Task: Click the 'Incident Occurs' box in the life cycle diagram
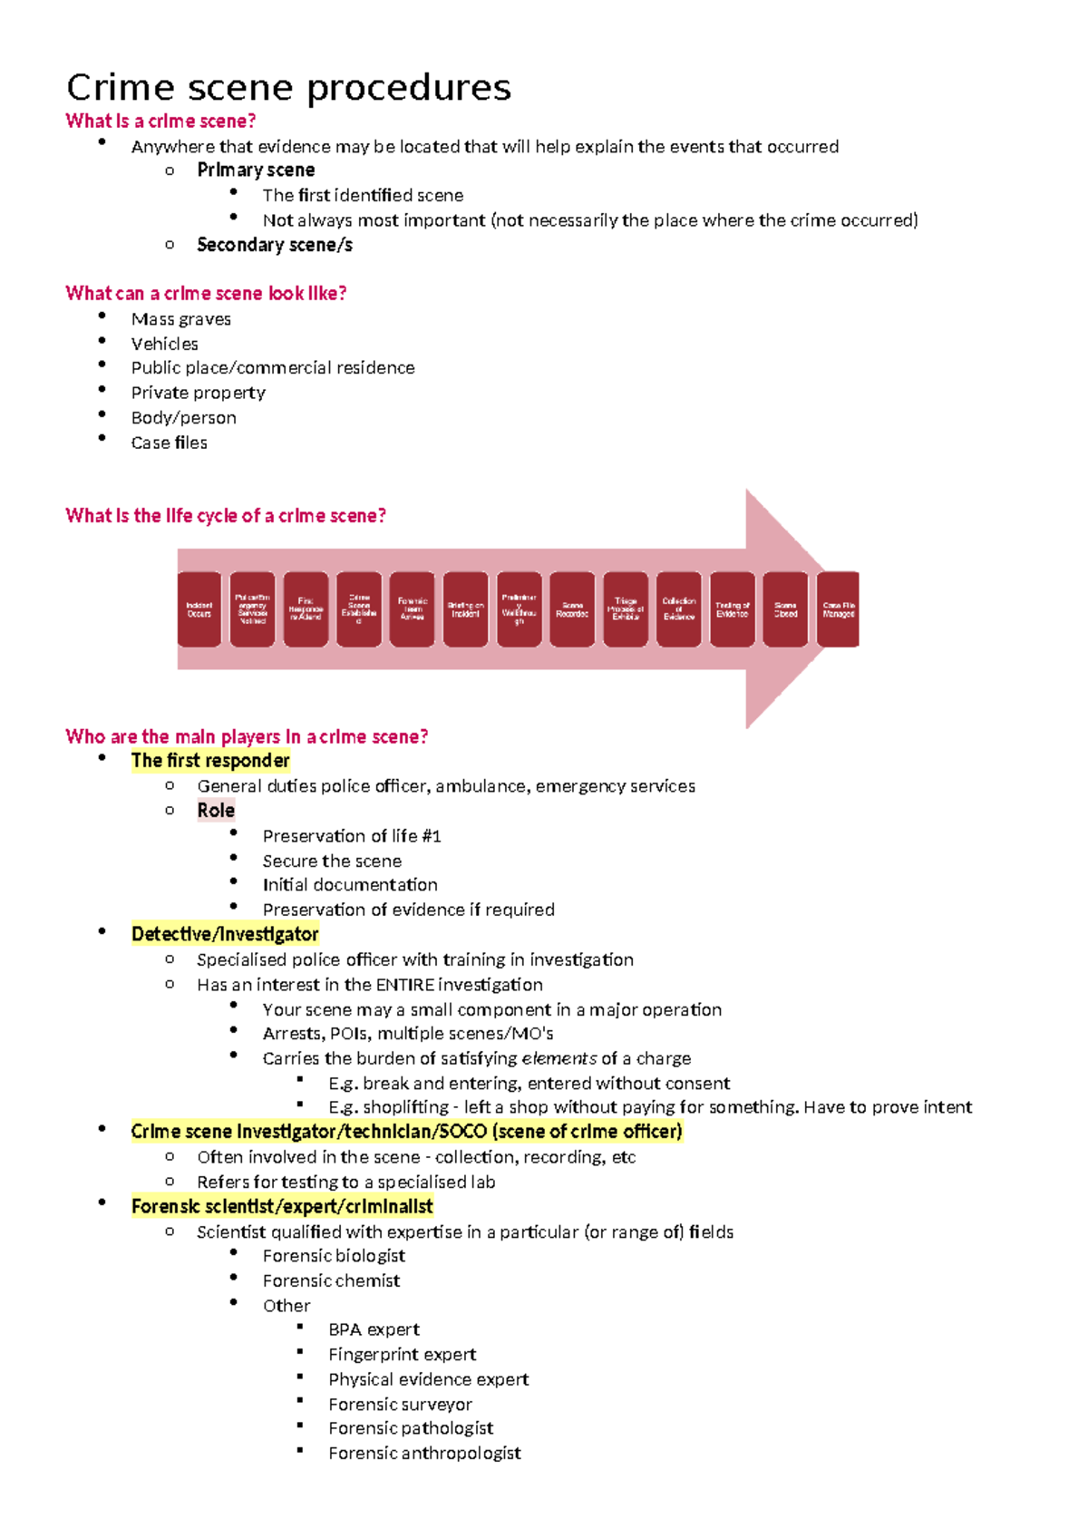click(x=199, y=609)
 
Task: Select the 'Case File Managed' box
click(x=839, y=609)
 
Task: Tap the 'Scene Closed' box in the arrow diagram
click(x=785, y=609)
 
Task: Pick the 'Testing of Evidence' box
click(x=732, y=609)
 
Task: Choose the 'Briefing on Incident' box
click(x=465, y=609)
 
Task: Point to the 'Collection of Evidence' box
click(x=679, y=609)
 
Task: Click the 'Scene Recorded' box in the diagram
click(x=572, y=609)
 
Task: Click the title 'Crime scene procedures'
click(x=288, y=88)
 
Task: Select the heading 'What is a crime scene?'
click(x=160, y=122)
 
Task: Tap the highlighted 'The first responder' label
click(x=210, y=761)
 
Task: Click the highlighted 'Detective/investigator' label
click(x=225, y=934)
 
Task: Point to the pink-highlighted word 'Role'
click(x=216, y=811)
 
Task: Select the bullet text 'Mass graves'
click(x=181, y=319)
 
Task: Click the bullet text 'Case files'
click(x=170, y=443)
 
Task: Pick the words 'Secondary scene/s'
click(x=275, y=245)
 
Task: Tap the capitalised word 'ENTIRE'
click(x=405, y=985)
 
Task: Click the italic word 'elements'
click(x=559, y=1058)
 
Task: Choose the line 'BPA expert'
click(x=374, y=1329)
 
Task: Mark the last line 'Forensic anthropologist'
click(x=424, y=1453)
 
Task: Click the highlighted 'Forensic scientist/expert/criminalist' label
click(x=282, y=1206)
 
